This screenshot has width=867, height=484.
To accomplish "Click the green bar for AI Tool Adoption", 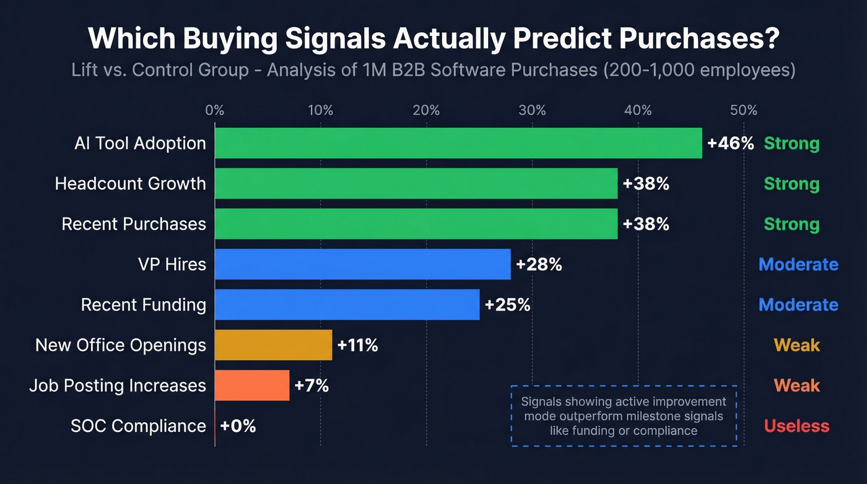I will pyautogui.click(x=458, y=143).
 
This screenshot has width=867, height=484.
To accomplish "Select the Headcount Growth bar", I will pyautogui.click(x=416, y=183).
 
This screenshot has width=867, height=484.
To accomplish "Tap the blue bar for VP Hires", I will pyautogui.click(x=362, y=264).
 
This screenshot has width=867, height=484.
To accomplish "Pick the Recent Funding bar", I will pyautogui.click(x=347, y=304).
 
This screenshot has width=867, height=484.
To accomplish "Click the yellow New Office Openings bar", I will pyautogui.click(x=273, y=345).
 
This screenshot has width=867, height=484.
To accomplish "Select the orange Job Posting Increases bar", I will pyautogui.click(x=252, y=385).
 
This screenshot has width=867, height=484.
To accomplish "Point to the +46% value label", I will pyautogui.click(x=730, y=144).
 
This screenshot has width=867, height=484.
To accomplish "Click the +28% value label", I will pyautogui.click(x=539, y=265).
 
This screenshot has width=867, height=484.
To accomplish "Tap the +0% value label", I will pyautogui.click(x=238, y=426).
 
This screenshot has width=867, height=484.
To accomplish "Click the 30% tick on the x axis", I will pyautogui.click(x=532, y=110).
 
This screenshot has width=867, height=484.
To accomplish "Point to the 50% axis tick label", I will pyautogui.click(x=744, y=110).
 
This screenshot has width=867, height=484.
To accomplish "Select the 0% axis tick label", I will pyautogui.click(x=214, y=110).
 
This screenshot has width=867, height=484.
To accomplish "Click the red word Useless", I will pyautogui.click(x=796, y=426).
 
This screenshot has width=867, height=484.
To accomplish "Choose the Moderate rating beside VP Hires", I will pyautogui.click(x=798, y=265).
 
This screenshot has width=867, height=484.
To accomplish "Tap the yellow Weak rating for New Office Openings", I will pyautogui.click(x=796, y=345).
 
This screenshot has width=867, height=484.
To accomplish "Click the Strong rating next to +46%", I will pyautogui.click(x=791, y=144).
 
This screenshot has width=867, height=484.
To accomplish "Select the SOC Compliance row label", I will pyautogui.click(x=138, y=426).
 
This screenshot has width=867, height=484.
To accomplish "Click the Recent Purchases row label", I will pyautogui.click(x=134, y=224).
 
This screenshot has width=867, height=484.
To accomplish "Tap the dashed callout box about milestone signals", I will pyautogui.click(x=624, y=415).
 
